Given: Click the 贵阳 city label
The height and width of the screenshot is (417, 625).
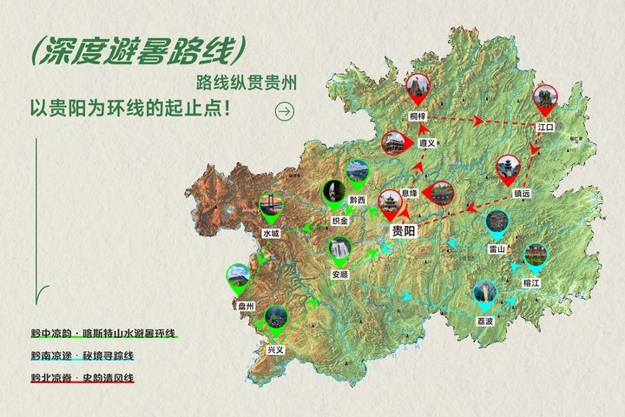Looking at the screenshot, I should point(405,231).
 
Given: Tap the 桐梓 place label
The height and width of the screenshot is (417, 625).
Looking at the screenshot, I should point(418,116).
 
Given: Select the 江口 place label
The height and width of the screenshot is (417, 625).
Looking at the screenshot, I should point(545,127).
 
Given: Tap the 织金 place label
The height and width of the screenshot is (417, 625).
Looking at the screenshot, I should point(339,221).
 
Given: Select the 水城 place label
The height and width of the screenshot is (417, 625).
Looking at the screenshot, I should point(271,233).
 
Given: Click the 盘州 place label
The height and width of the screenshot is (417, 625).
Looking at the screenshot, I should point(246,306).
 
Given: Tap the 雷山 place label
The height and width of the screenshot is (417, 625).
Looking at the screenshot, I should point(497,248).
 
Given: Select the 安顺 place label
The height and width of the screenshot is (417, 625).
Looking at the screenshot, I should point(340,275).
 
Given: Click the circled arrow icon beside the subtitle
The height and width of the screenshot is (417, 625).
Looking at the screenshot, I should point(284,110).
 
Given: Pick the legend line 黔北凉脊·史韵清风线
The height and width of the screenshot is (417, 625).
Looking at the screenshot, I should point(82,377).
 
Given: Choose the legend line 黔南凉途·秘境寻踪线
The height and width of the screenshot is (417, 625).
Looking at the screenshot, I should point(82,355).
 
